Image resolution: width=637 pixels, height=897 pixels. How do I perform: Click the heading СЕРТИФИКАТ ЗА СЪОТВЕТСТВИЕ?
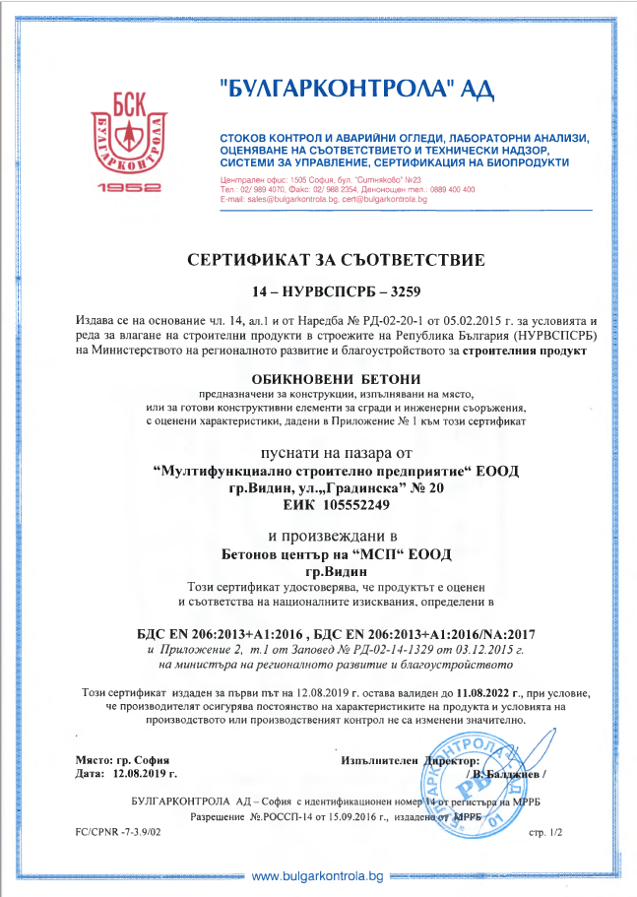pos(336,261)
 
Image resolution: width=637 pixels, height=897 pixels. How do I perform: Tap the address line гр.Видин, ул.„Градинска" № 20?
pos(336,487)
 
